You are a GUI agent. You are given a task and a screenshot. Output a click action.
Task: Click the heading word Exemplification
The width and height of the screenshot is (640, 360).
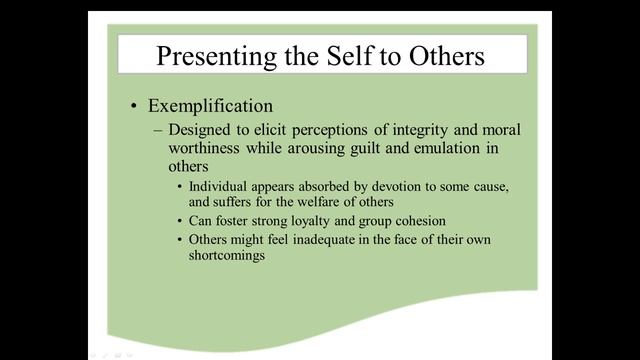coord(210,106)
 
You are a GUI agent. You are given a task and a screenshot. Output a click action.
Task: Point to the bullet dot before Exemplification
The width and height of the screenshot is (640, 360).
coord(134,107)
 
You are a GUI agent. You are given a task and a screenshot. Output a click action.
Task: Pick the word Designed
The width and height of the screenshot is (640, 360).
coord(200,131)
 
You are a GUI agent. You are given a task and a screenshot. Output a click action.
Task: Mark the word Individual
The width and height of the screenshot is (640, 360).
coord(218,187)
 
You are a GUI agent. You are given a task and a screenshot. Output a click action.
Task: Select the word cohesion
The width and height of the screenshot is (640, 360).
coord(418,220)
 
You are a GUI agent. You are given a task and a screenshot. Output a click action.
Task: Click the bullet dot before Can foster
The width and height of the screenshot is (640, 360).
coord(179,221)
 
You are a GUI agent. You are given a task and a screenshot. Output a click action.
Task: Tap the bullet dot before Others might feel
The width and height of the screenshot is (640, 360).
coord(179,240)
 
